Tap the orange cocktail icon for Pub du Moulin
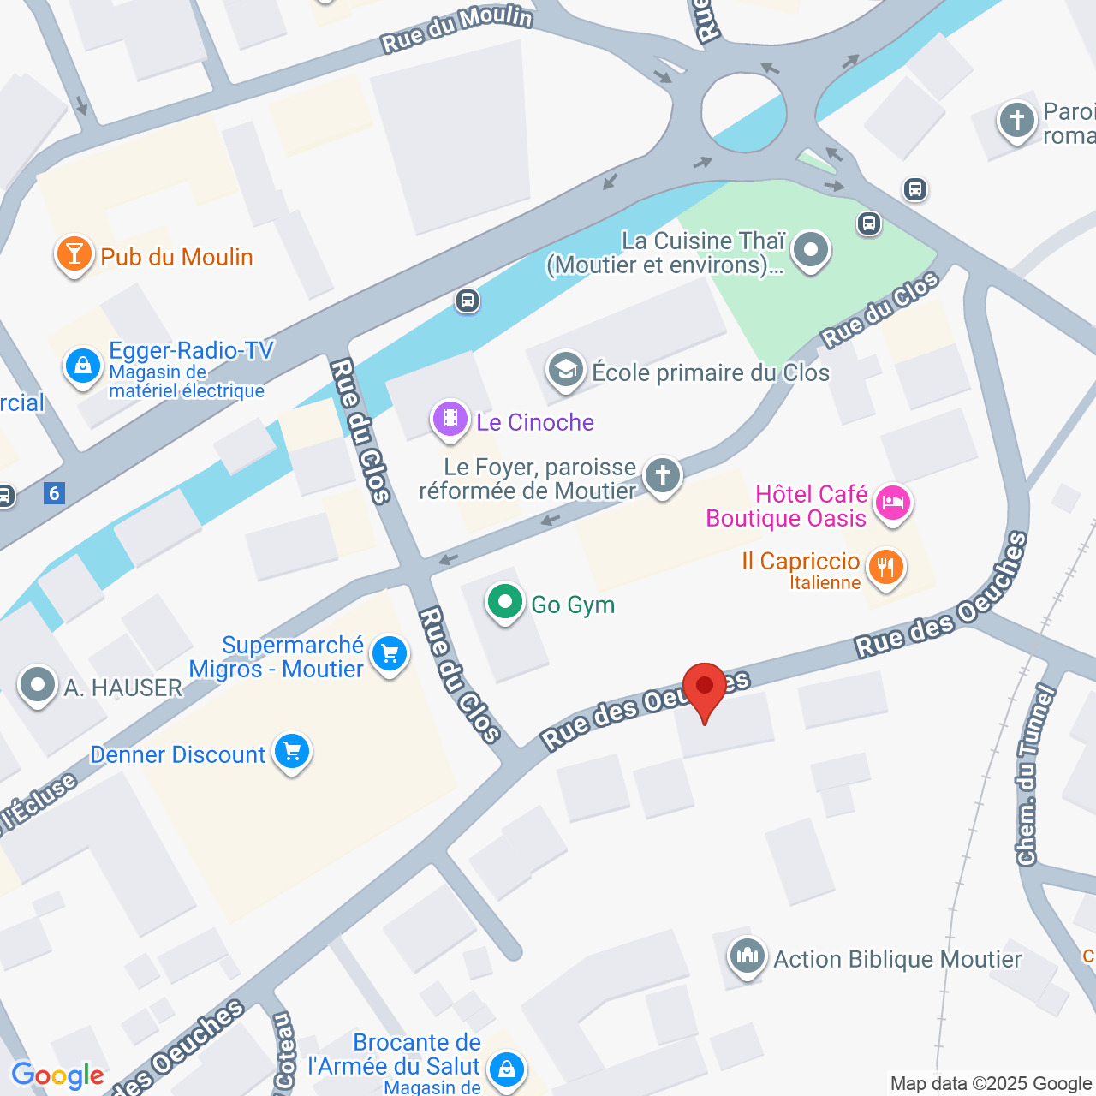[74, 254]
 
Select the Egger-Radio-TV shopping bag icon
[83, 366]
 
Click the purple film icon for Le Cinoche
[450, 420]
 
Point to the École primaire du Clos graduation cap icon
[565, 371]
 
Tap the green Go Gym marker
[505, 603]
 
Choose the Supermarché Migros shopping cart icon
[390, 654]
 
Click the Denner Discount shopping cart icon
[292, 753]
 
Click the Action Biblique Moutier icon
[747, 956]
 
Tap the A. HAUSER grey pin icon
[38, 685]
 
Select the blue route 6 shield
[55, 493]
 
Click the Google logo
[57, 1075]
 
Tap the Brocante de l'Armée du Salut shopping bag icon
[506, 1069]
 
